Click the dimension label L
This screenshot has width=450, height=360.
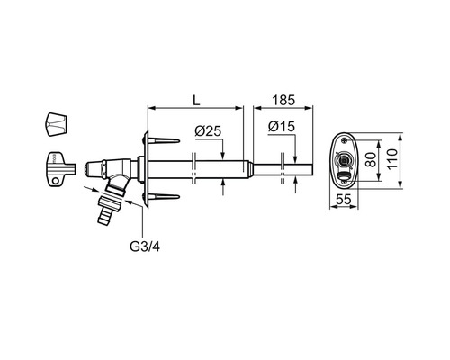[x=196, y=101]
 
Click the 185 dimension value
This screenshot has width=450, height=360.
[x=283, y=101]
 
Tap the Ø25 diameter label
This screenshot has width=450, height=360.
[x=208, y=131]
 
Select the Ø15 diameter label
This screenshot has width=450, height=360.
[x=282, y=127]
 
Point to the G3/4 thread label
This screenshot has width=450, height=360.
[x=145, y=247]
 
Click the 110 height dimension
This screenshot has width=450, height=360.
[x=392, y=159]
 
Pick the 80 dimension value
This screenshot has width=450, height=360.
[x=371, y=160]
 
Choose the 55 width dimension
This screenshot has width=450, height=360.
[x=343, y=199]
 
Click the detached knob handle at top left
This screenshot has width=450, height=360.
[x=58, y=124]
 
